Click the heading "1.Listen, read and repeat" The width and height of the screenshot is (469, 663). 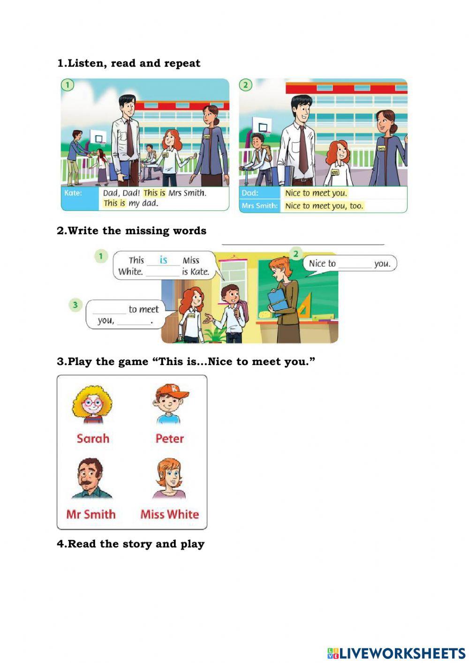(x=129, y=63)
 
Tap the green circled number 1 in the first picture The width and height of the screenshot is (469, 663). (x=68, y=85)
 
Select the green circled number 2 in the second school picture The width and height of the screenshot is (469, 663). (x=245, y=85)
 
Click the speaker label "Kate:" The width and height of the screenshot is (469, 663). (x=73, y=193)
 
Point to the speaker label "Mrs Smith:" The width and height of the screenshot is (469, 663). (x=259, y=206)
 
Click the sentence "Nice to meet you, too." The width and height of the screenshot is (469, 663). (x=324, y=206)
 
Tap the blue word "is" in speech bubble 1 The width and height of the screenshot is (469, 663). (x=163, y=259)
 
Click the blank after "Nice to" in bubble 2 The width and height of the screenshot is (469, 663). (x=355, y=265)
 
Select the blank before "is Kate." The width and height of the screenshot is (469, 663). (x=163, y=272)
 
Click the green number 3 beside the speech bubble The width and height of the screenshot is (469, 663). (x=75, y=305)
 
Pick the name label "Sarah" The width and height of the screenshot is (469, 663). (x=93, y=438)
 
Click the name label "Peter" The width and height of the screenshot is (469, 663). (x=169, y=438)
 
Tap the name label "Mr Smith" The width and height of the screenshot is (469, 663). (x=91, y=514)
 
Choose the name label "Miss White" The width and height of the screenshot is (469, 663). (x=169, y=514)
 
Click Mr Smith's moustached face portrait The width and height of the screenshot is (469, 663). (x=91, y=478)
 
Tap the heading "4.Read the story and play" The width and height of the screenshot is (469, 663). (x=130, y=544)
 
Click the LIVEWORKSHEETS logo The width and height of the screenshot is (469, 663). (x=396, y=653)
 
